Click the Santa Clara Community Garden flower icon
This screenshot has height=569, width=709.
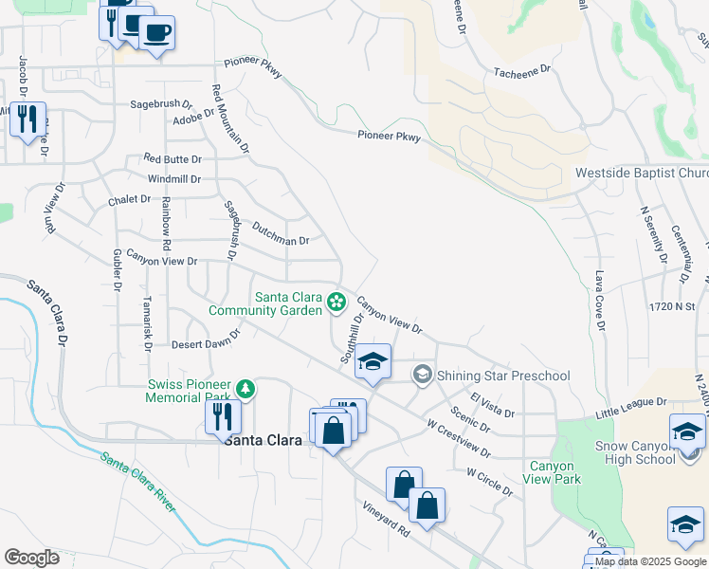tap(335, 303)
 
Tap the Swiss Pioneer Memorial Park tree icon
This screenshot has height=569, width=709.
tap(245, 388)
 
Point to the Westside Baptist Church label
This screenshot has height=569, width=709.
tap(642, 174)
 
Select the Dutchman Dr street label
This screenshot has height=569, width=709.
tap(281, 233)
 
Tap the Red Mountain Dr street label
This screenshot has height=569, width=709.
tap(230, 119)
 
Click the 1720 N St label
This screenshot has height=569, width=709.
tap(673, 307)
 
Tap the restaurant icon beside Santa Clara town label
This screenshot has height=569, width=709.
tap(223, 416)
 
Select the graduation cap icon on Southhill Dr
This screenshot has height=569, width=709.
tap(373, 361)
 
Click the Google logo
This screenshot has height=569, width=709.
tap(32, 558)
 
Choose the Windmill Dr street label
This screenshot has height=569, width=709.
tap(174, 178)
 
